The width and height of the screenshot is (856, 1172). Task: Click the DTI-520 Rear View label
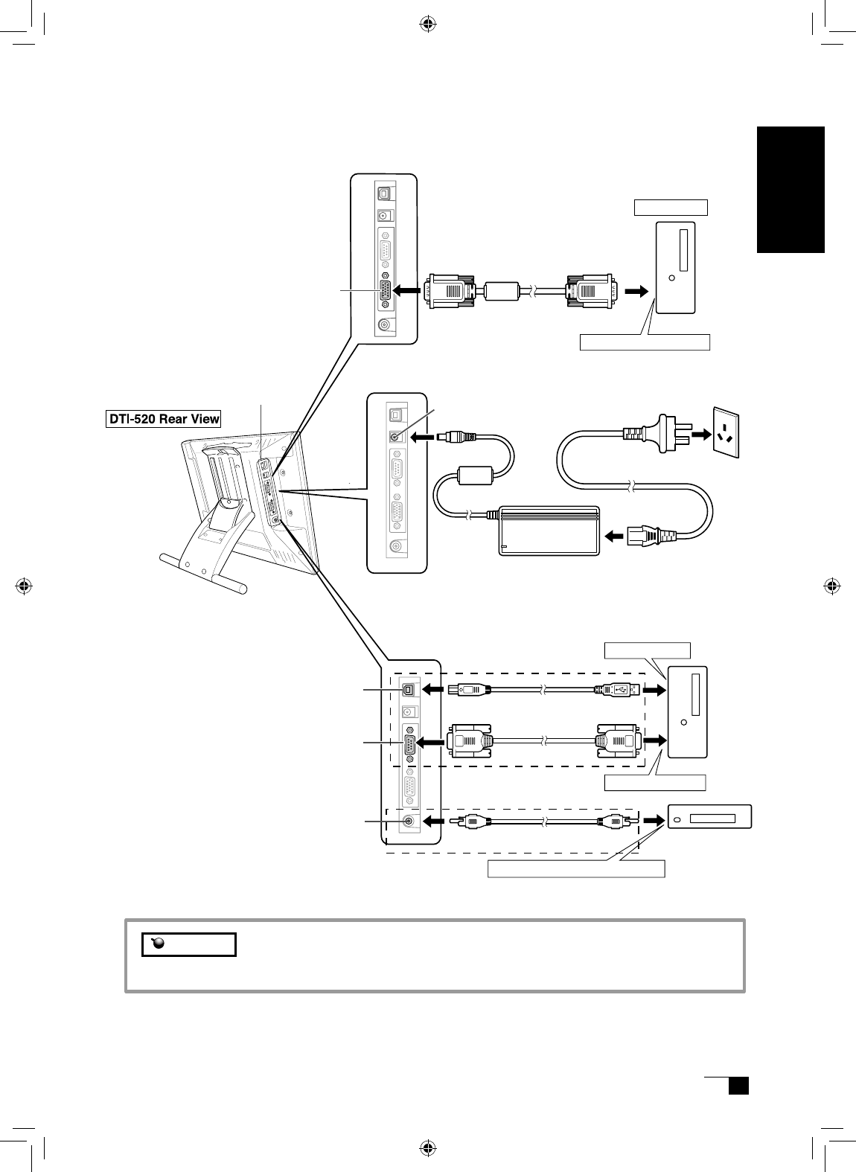[162, 419]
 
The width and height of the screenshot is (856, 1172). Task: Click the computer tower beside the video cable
[675, 267]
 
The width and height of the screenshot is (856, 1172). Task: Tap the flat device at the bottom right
[709, 818]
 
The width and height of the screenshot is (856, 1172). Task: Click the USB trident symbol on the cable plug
[620, 689]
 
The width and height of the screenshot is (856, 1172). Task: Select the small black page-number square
[738, 1086]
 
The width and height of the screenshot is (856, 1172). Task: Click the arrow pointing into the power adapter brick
[616, 534]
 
